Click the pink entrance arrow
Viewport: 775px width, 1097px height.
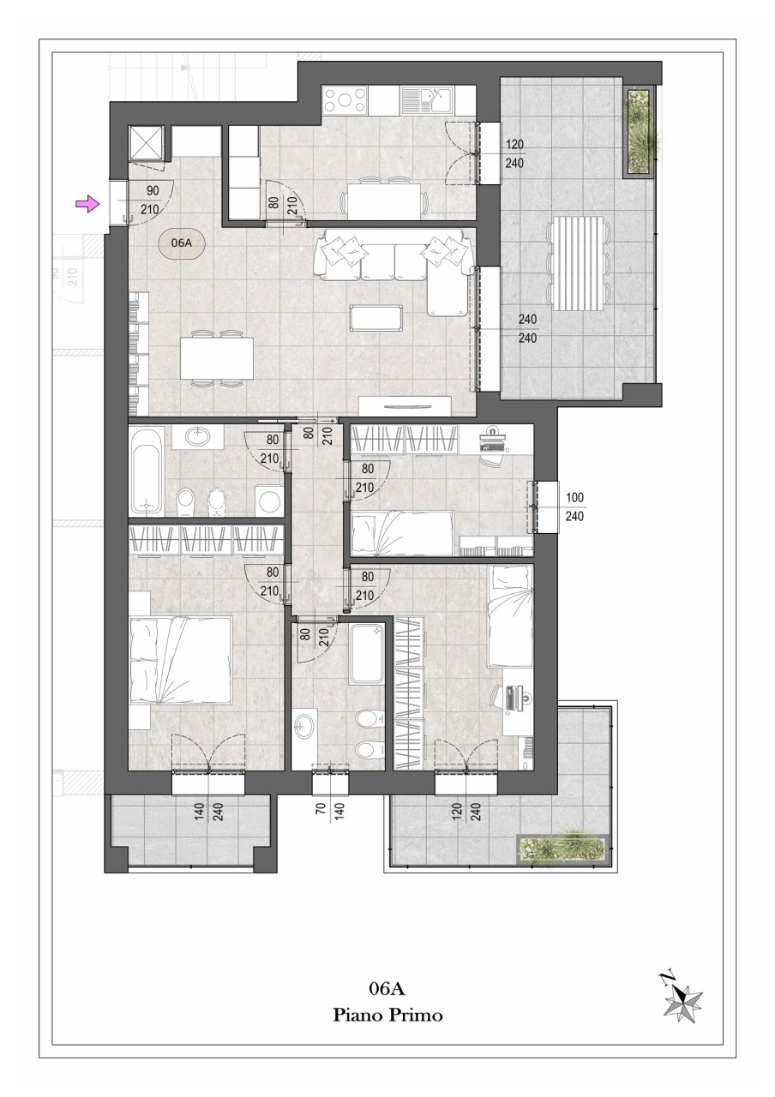coord(87,203)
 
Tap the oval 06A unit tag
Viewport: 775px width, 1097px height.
coord(182,243)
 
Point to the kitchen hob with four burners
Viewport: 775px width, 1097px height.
coord(345,100)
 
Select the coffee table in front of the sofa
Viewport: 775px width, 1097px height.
coord(376,318)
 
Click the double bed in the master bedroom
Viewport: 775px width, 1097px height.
coord(180,661)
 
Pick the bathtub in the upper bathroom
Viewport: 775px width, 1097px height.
coord(147,471)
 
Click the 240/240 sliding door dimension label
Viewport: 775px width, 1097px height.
coord(527,328)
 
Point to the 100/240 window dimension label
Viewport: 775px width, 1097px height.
coord(574,507)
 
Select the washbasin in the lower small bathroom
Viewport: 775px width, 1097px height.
coord(303,725)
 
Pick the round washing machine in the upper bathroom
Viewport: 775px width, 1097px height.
coord(269,500)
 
